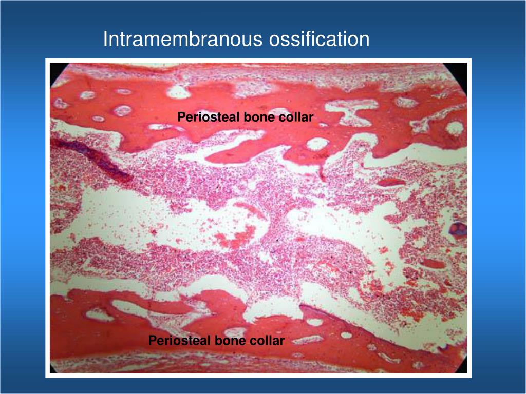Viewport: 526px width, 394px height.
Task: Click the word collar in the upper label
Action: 296,117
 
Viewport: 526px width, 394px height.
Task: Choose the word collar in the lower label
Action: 268,341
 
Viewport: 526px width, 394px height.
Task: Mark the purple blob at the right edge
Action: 459,228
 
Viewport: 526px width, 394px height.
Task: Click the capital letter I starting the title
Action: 105,39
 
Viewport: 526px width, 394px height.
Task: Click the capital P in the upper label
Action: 181,117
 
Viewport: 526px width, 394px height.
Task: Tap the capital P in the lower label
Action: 152,341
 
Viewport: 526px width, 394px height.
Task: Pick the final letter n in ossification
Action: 364,40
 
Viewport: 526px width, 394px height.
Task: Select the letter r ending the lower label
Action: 282,341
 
